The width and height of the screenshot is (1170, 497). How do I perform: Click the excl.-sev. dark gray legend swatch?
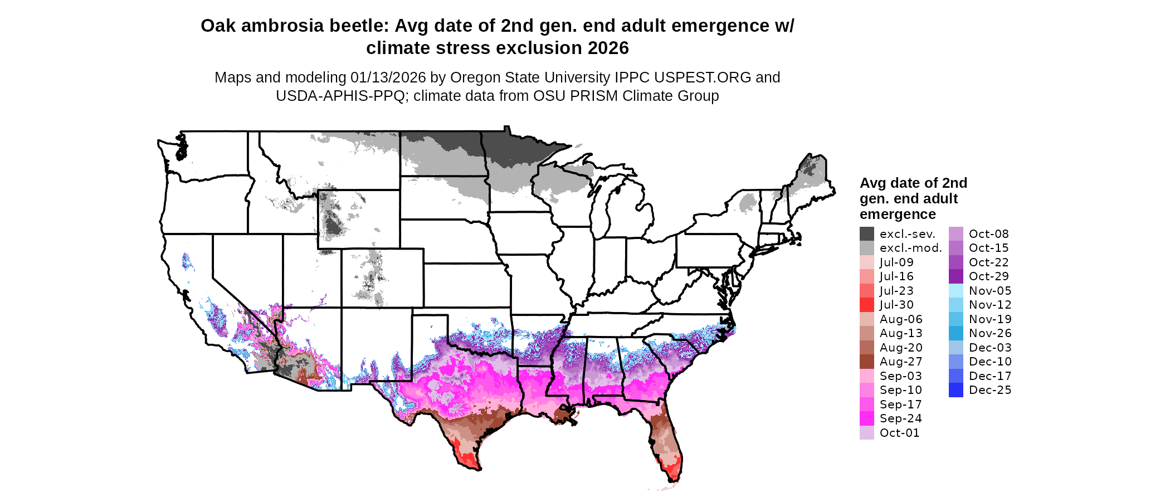[x=866, y=234]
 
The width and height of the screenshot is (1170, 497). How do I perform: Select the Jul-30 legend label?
[x=896, y=305]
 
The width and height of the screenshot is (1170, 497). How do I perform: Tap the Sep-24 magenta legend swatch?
[x=866, y=418]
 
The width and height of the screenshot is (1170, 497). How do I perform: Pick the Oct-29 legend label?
[x=988, y=276]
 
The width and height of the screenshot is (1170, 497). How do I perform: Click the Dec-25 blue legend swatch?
[x=955, y=390]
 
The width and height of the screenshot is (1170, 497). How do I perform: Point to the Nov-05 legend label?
[x=989, y=291]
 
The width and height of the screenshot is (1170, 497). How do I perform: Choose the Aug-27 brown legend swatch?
[x=866, y=362]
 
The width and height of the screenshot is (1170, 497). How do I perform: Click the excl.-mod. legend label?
[x=910, y=248]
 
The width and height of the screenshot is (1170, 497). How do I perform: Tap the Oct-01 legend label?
[x=899, y=433]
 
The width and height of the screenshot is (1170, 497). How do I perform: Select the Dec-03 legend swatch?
[x=955, y=348]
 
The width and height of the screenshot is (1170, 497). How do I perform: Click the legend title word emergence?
[x=898, y=215]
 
